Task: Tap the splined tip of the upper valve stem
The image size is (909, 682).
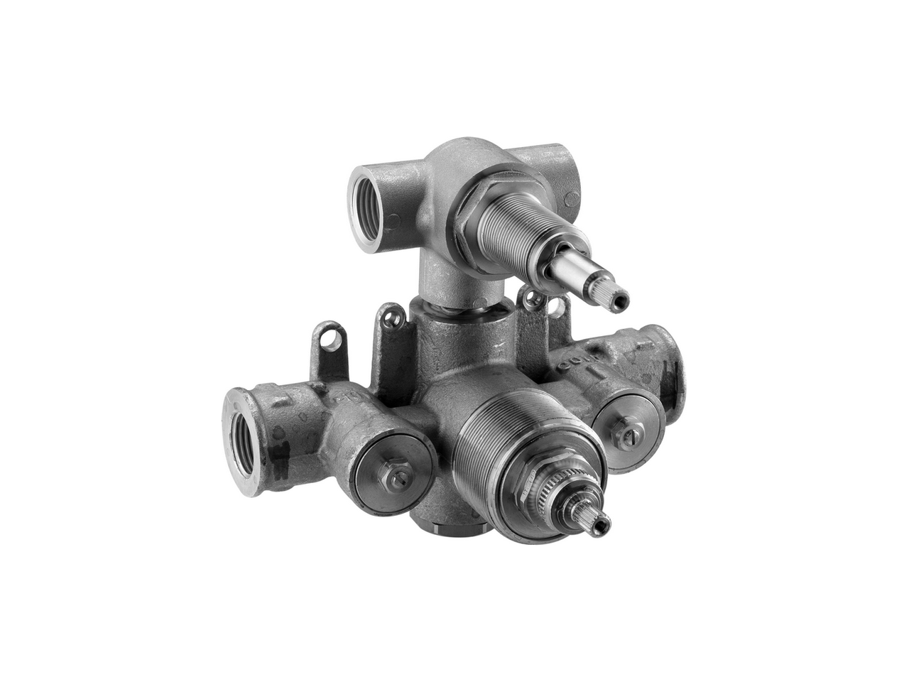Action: (618, 299)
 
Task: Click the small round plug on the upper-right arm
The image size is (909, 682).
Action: (571, 198)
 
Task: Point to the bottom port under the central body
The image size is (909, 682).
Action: (450, 526)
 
